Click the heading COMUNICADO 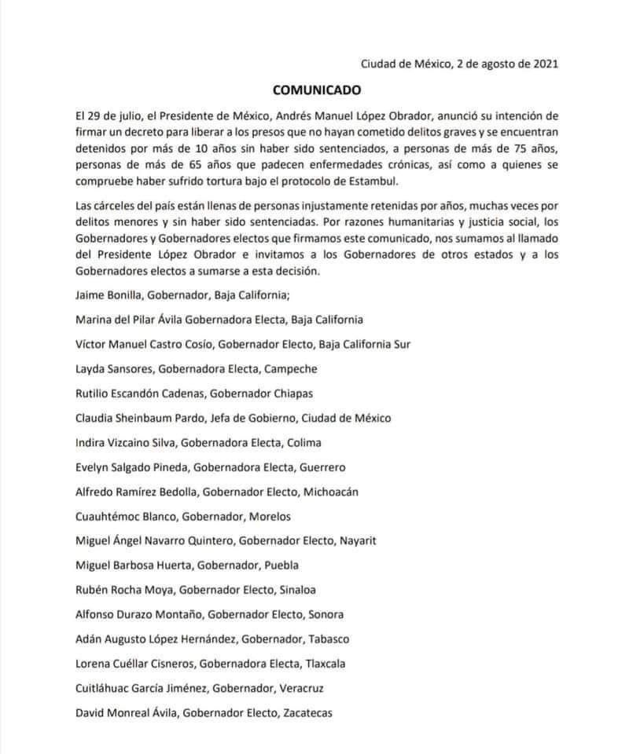click(x=309, y=90)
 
